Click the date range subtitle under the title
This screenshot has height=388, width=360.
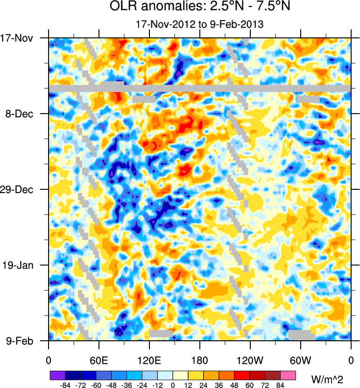(199, 24)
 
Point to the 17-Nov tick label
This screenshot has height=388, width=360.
(20, 38)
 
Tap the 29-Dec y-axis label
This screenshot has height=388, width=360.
(20, 189)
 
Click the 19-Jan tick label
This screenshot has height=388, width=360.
(20, 265)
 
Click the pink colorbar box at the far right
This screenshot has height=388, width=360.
(288, 375)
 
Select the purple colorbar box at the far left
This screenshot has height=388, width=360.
(57, 375)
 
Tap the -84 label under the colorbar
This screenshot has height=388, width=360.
(65, 385)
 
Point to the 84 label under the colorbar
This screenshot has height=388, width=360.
(280, 385)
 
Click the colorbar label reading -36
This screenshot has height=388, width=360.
(127, 385)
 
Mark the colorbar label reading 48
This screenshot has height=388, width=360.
(234, 385)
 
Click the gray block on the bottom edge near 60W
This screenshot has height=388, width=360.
(301, 335)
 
